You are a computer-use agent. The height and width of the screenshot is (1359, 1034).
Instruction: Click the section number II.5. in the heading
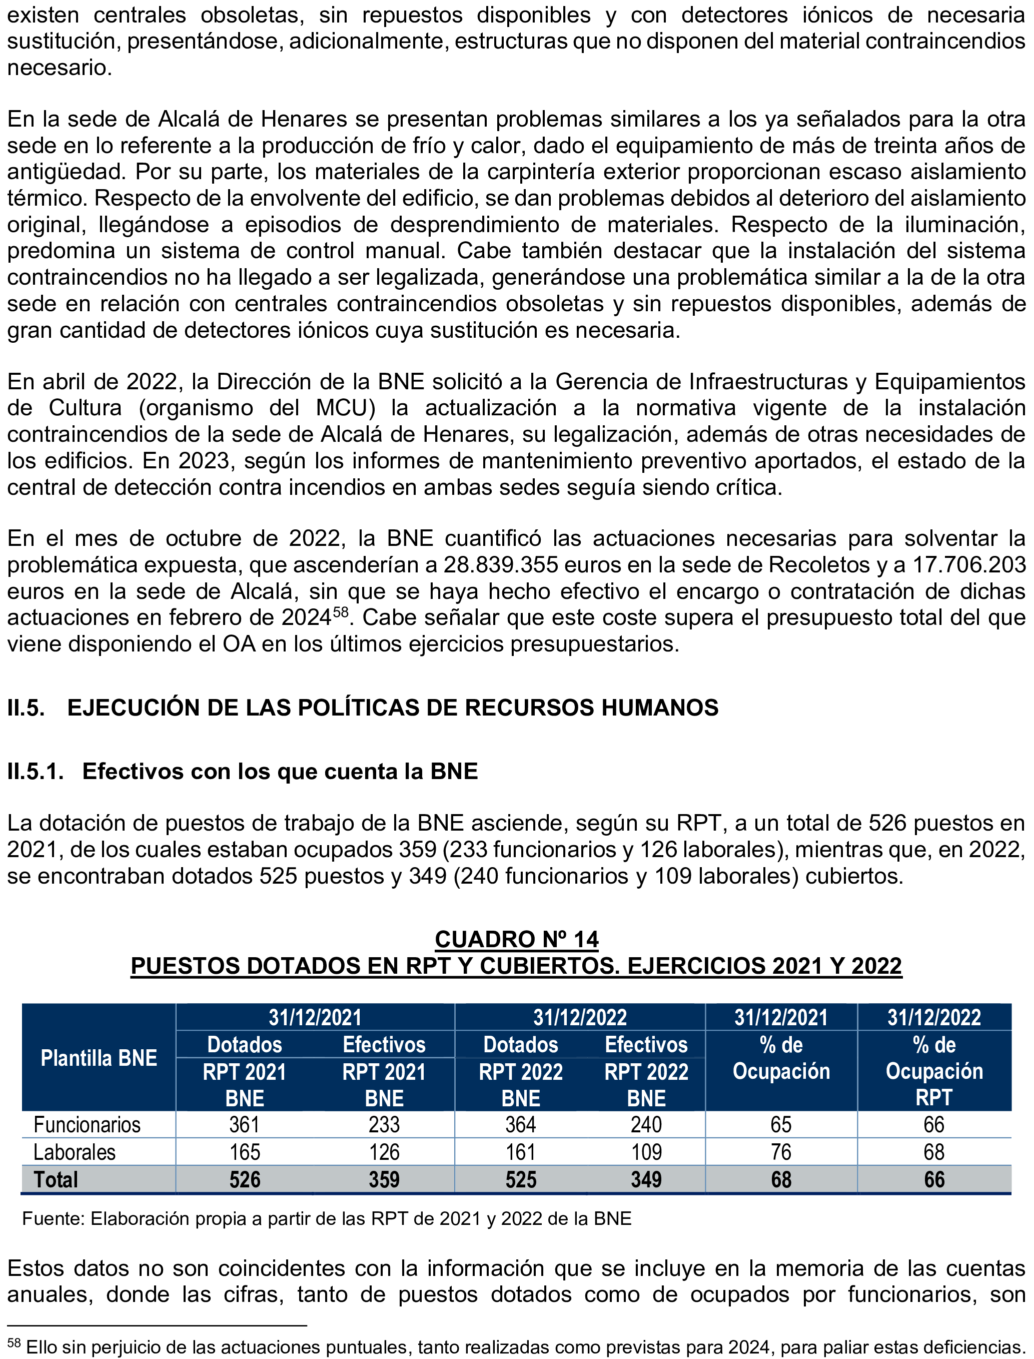[26, 708]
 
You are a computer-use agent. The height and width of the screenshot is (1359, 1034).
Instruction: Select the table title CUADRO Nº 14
[516, 939]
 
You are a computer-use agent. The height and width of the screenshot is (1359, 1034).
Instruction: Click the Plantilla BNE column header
[99, 1058]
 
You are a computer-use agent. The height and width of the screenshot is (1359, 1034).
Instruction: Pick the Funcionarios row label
[87, 1124]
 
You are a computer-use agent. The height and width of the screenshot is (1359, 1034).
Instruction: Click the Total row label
[56, 1179]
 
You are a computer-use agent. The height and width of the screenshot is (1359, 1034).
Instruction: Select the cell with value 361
[244, 1124]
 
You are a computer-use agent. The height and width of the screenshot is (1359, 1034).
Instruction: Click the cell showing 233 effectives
[384, 1124]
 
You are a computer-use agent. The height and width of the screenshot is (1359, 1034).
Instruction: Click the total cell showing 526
[244, 1179]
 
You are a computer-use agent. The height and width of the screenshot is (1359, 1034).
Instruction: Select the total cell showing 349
[646, 1179]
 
